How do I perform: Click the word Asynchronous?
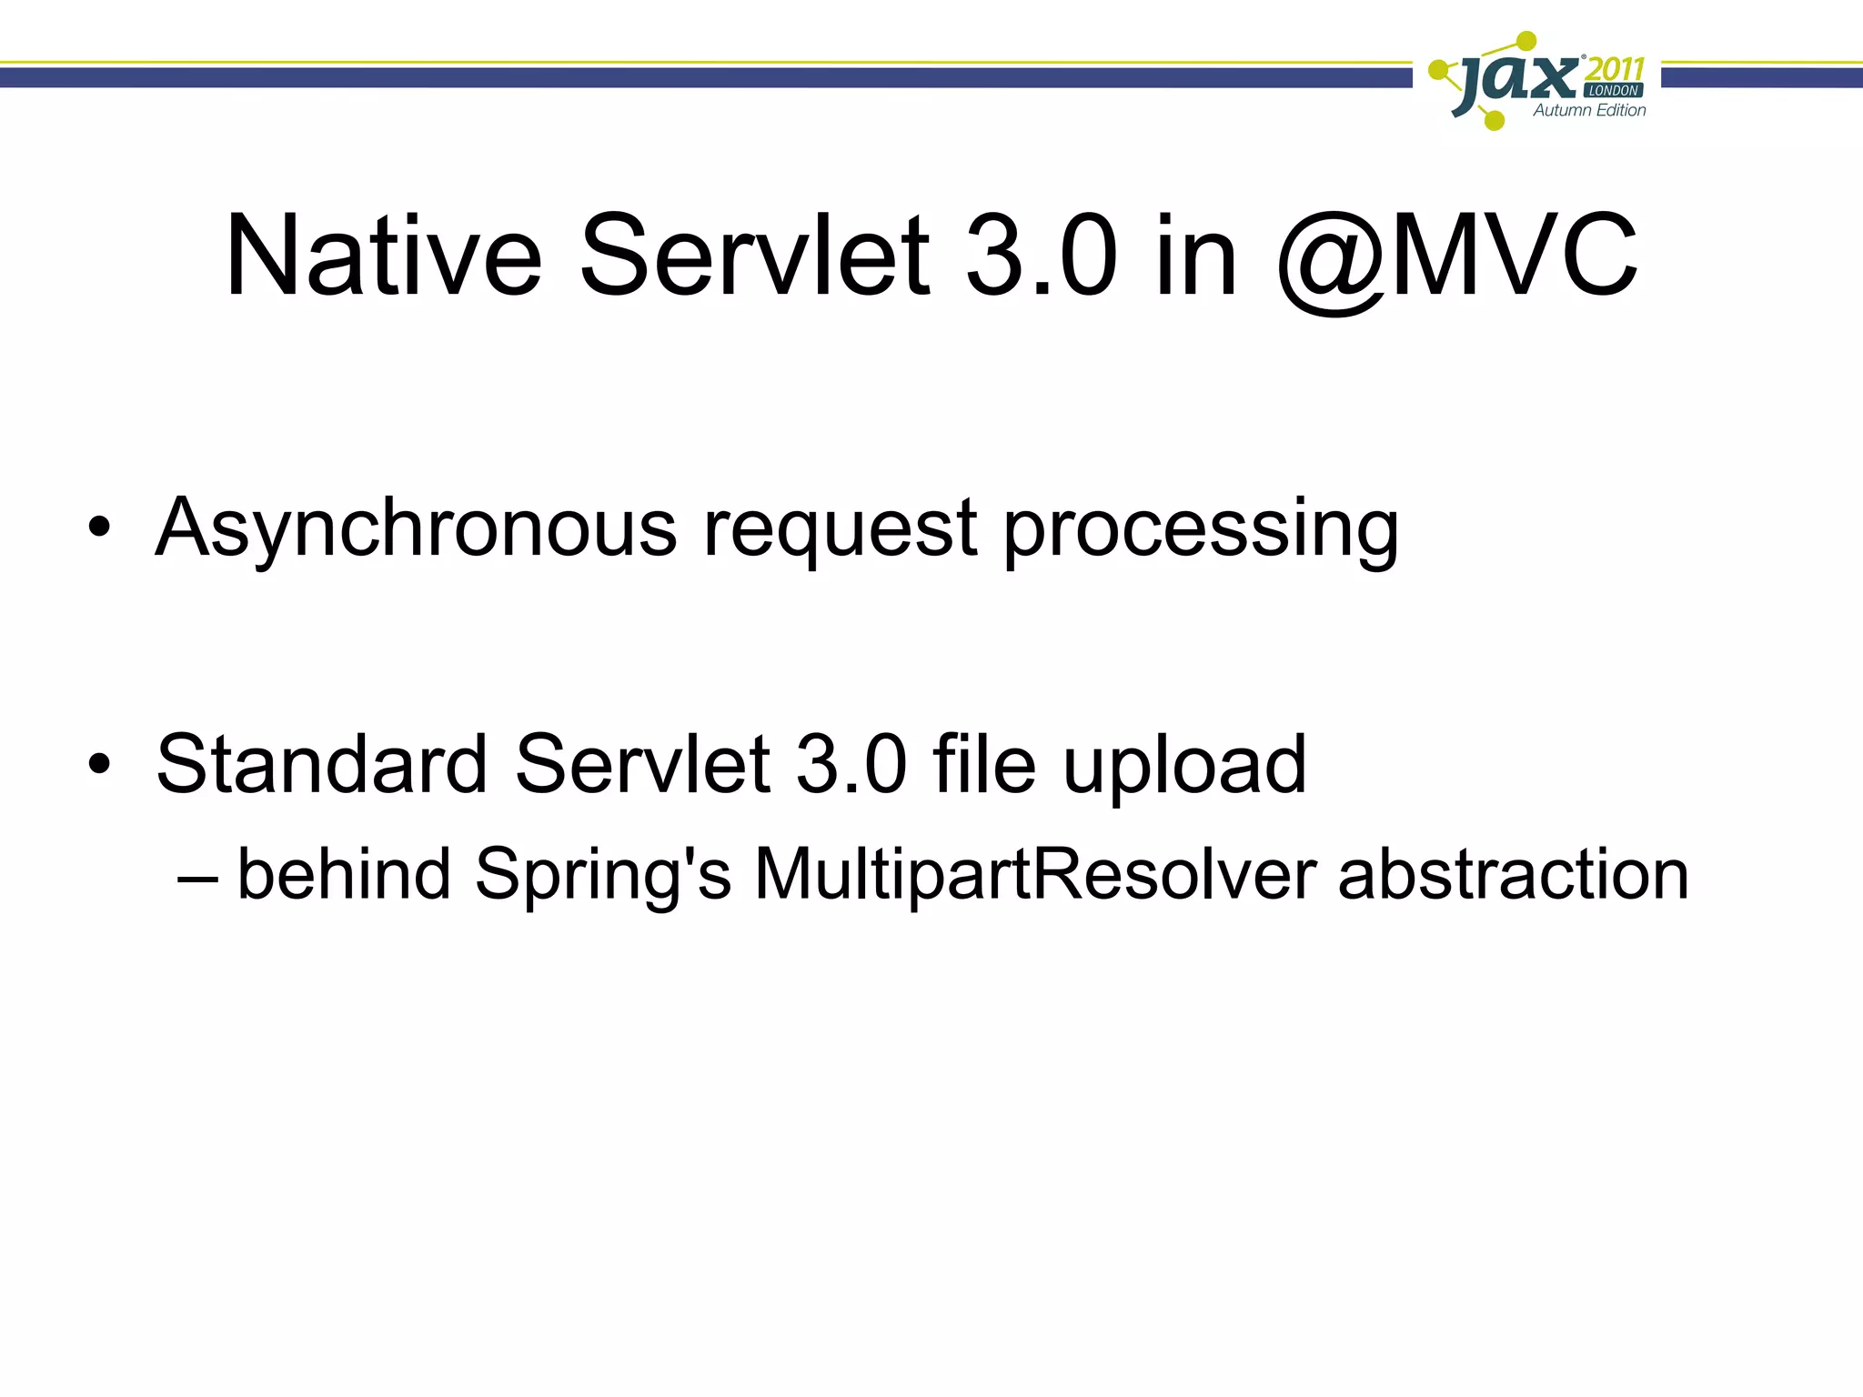(417, 529)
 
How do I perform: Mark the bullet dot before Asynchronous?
(99, 527)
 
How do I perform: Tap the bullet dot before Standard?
(99, 763)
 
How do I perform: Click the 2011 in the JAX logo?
(1614, 69)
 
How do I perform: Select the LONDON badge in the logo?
(1614, 91)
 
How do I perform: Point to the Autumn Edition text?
(1589, 111)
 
